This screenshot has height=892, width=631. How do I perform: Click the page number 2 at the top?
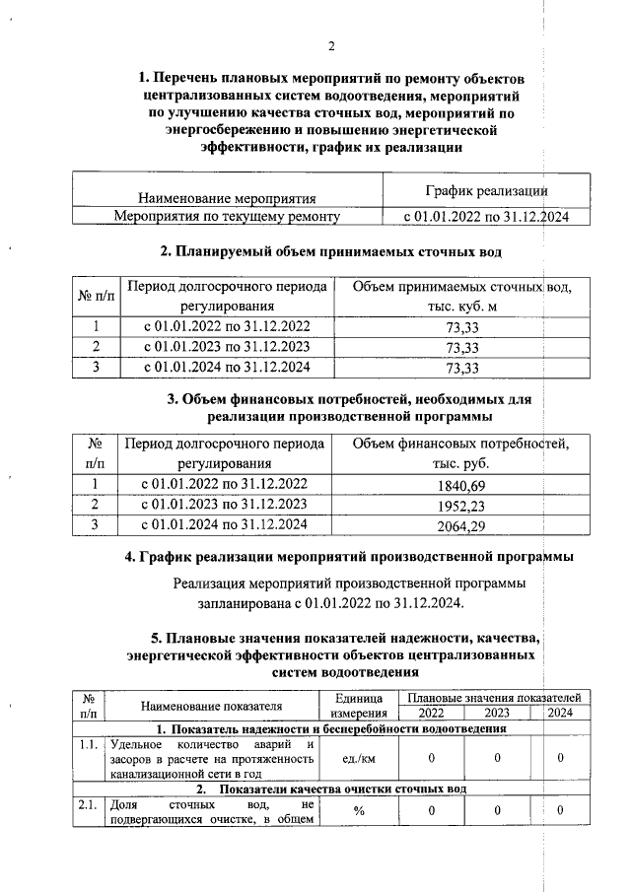click(x=331, y=46)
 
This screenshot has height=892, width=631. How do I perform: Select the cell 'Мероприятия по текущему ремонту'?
click(x=227, y=216)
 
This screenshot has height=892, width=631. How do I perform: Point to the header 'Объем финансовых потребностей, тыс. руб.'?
click(x=461, y=452)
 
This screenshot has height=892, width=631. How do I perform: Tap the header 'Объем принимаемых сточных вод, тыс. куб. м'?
click(x=461, y=297)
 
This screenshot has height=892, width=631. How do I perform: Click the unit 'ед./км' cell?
click(x=350, y=758)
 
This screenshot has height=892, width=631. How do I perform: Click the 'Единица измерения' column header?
click(x=350, y=705)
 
